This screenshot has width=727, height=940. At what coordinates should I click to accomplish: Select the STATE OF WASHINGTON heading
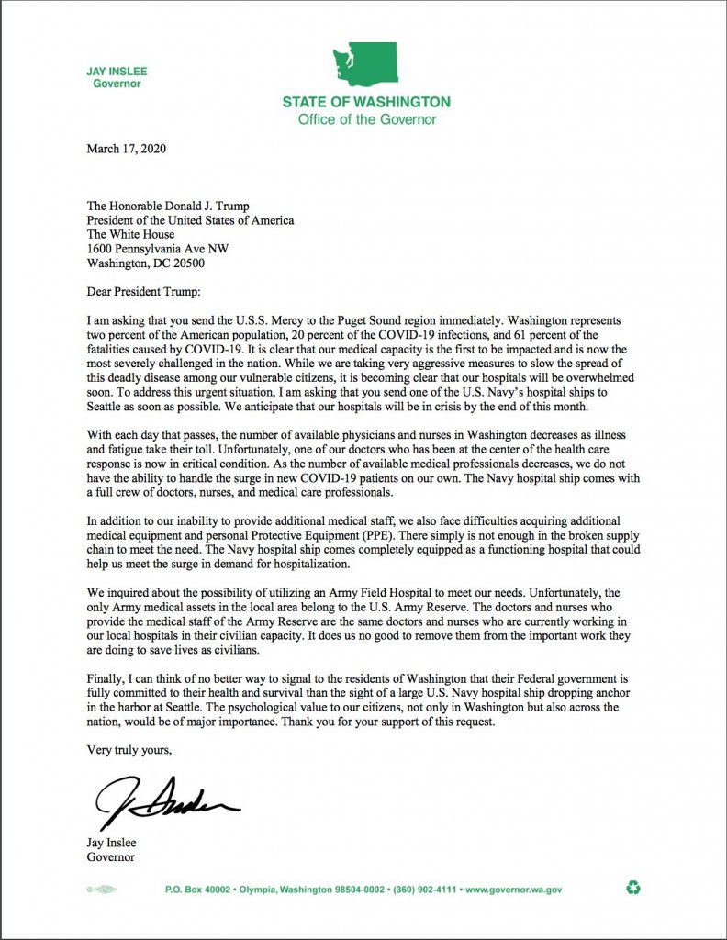[366, 102]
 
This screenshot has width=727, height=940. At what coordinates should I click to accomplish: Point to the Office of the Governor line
[366, 119]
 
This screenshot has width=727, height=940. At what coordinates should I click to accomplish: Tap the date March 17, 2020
[127, 149]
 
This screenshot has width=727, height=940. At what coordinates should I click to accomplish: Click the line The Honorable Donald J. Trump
[172, 206]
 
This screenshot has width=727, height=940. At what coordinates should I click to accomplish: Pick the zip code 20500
[187, 263]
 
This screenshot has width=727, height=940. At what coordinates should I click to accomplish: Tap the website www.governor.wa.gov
[514, 890]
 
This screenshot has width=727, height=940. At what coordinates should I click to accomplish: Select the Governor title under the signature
[110, 857]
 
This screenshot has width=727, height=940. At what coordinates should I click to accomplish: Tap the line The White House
[130, 235]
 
